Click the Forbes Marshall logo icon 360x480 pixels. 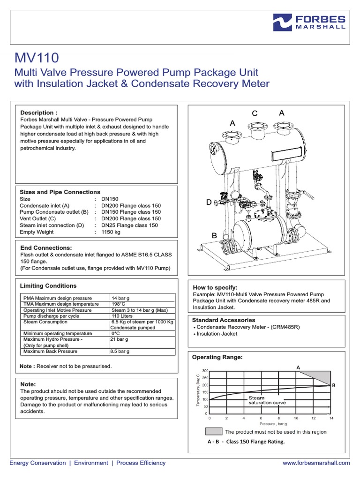point(283,22)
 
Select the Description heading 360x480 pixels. point(38,113)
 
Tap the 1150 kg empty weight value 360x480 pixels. point(111,232)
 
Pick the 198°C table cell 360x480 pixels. point(119,304)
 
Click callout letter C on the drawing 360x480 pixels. point(255,113)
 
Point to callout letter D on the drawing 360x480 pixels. point(209,202)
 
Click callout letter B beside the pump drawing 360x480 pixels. point(214,236)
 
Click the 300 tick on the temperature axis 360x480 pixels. point(205,371)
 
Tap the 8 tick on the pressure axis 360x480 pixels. point(278,418)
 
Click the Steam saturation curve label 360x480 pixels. point(266,400)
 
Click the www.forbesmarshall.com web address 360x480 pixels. point(316,463)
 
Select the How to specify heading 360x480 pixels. point(215,287)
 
